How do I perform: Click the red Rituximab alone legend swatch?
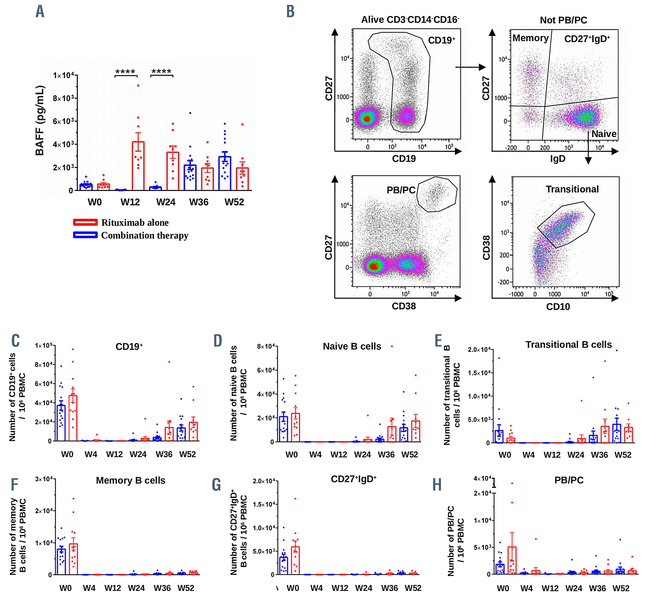tap(85, 222)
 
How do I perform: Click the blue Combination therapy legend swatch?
tap(85, 235)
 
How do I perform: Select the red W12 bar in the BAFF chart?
tap(138, 166)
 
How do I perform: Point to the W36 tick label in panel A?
tap(199, 202)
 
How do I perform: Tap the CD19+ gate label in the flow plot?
tap(441, 40)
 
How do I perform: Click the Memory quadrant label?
tap(530, 38)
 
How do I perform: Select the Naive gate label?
tap(604, 134)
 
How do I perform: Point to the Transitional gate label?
tap(572, 189)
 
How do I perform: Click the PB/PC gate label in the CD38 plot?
tap(401, 190)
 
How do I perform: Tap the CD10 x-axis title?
tap(558, 306)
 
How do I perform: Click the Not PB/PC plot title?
tap(564, 20)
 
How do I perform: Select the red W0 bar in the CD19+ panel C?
tap(73, 418)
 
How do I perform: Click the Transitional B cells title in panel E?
tap(568, 344)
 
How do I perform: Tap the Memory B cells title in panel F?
tap(130, 480)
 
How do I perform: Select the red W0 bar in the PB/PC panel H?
tap(512, 560)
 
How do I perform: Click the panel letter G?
tap(216, 485)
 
